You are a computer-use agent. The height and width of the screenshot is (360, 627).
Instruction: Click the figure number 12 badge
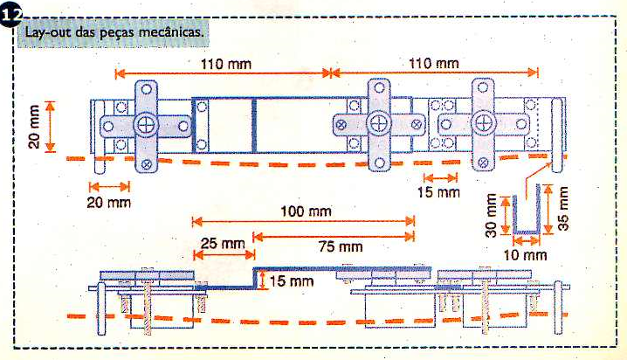click(10, 17)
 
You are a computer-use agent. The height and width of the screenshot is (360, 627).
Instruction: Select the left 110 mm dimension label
click(226, 64)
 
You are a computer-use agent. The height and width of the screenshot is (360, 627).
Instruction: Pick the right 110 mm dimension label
click(433, 63)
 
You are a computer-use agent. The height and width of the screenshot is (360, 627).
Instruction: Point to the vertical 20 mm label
click(34, 127)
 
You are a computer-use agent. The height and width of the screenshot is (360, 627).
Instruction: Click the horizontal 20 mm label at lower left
click(109, 203)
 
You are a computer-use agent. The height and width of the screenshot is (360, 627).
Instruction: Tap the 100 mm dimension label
click(306, 211)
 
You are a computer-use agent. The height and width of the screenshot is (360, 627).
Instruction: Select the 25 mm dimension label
click(223, 243)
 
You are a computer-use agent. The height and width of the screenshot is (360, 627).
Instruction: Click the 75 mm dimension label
click(341, 246)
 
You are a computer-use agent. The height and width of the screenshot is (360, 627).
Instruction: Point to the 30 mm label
click(491, 216)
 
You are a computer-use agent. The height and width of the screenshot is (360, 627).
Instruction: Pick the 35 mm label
click(563, 209)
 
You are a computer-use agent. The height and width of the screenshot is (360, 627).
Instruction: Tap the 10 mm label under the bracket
click(525, 255)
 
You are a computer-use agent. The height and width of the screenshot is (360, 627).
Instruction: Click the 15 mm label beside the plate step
click(291, 281)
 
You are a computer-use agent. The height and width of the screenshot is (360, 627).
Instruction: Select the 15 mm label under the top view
click(438, 192)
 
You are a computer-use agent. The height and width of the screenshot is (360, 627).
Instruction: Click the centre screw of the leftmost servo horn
click(146, 125)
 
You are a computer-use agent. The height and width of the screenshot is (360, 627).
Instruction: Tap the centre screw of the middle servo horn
click(379, 123)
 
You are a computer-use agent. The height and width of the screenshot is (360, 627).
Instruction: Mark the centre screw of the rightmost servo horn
click(483, 123)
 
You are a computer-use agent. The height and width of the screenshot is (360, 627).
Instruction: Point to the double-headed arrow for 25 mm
click(224, 255)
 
